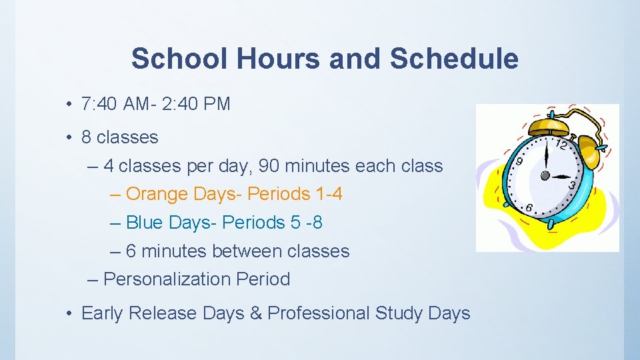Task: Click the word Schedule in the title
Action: tap(454, 59)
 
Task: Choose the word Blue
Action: tap(144, 223)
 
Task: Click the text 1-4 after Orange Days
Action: tap(329, 194)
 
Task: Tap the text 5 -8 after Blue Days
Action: tap(307, 223)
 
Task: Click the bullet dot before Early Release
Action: tap(69, 313)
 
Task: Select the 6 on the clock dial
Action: tap(528, 208)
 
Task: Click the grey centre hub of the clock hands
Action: tap(545, 176)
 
